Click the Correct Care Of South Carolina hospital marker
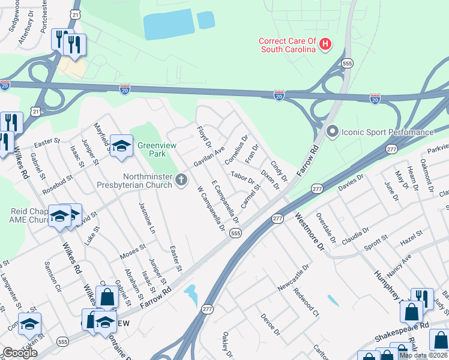click(325, 44)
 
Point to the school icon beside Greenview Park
click(121, 146)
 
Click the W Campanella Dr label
click(211, 209)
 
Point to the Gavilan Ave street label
click(208, 156)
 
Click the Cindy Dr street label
click(279, 171)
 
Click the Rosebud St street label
click(58, 185)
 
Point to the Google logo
click(20, 353)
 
